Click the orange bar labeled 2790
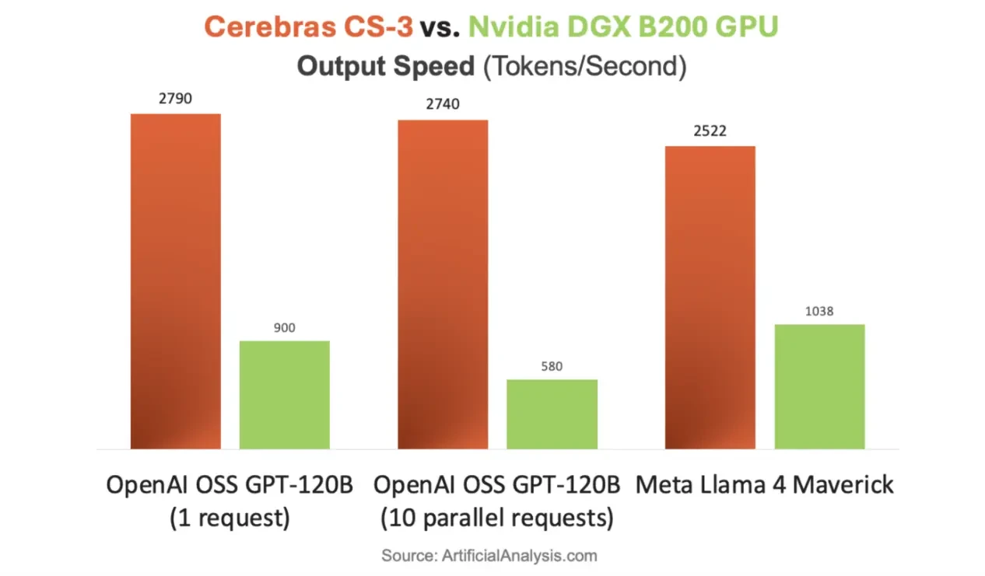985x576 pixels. [x=175, y=281]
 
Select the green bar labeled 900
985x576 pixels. [x=284, y=394]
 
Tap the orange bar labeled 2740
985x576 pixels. [x=443, y=284]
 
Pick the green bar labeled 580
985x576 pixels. [x=552, y=414]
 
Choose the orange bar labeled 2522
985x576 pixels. [x=710, y=297]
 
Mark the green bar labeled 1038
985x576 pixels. [x=819, y=386]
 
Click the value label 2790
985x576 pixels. [x=176, y=99]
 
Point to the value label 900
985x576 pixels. [x=285, y=328]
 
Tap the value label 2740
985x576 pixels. [x=443, y=105]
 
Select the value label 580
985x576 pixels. [x=552, y=366]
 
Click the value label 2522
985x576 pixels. [x=710, y=131]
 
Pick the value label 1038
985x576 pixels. [x=819, y=311]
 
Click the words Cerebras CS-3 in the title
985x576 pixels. [x=308, y=27]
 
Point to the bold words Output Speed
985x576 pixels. [x=385, y=66]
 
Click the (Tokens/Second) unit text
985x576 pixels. [x=584, y=66]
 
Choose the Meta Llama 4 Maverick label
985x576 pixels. [x=764, y=485]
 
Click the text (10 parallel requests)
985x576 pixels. [x=496, y=518]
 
